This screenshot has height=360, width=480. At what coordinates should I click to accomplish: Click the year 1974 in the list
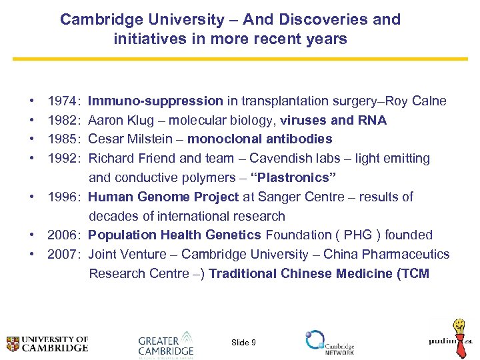(x=61, y=101)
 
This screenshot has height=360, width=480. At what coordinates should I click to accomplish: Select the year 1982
(x=61, y=121)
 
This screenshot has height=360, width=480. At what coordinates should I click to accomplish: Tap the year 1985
(x=61, y=139)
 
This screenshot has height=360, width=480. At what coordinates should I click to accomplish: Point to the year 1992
(x=61, y=159)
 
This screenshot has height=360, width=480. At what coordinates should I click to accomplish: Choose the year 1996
(x=61, y=197)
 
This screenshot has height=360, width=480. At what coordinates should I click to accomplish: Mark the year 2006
(x=61, y=235)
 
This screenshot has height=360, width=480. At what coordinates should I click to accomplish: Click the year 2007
(x=61, y=254)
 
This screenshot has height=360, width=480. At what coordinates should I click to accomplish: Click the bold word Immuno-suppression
(x=155, y=101)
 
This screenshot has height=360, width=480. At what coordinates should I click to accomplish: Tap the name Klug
(x=147, y=121)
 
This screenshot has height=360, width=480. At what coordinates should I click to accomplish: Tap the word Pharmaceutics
(x=409, y=254)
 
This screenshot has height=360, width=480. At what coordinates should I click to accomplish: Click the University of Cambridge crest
(x=12, y=344)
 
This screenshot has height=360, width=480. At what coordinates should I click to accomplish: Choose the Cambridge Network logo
(x=330, y=342)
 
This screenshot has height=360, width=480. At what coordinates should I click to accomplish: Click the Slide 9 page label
(x=243, y=343)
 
